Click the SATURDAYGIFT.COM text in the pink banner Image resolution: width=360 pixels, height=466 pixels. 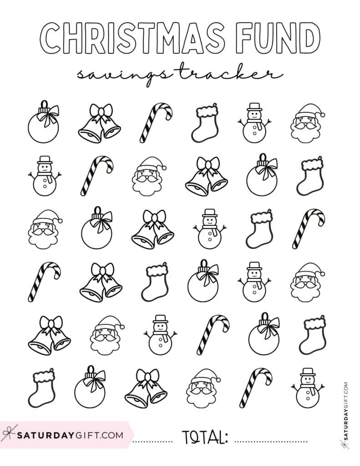(71, 435)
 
